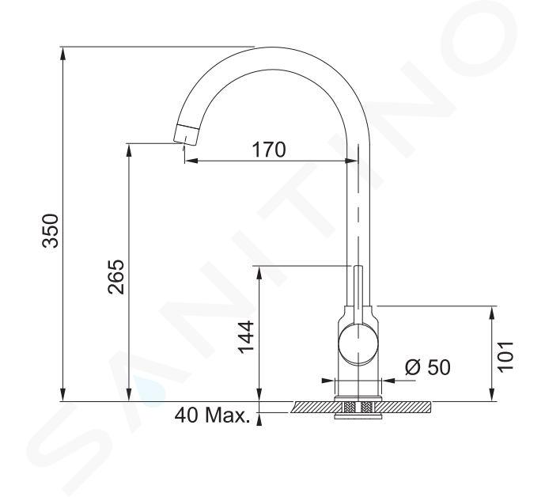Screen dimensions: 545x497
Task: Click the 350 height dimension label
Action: (50, 230)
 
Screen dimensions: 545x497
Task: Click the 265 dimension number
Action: (115, 277)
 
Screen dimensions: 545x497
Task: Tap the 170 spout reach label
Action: (269, 150)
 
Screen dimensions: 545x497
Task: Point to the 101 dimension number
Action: (505, 357)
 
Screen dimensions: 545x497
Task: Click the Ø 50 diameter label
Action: (428, 367)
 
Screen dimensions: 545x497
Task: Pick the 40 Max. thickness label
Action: (212, 415)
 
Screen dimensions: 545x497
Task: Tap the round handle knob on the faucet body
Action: (358, 344)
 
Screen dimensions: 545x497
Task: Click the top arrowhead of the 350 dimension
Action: (63, 53)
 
